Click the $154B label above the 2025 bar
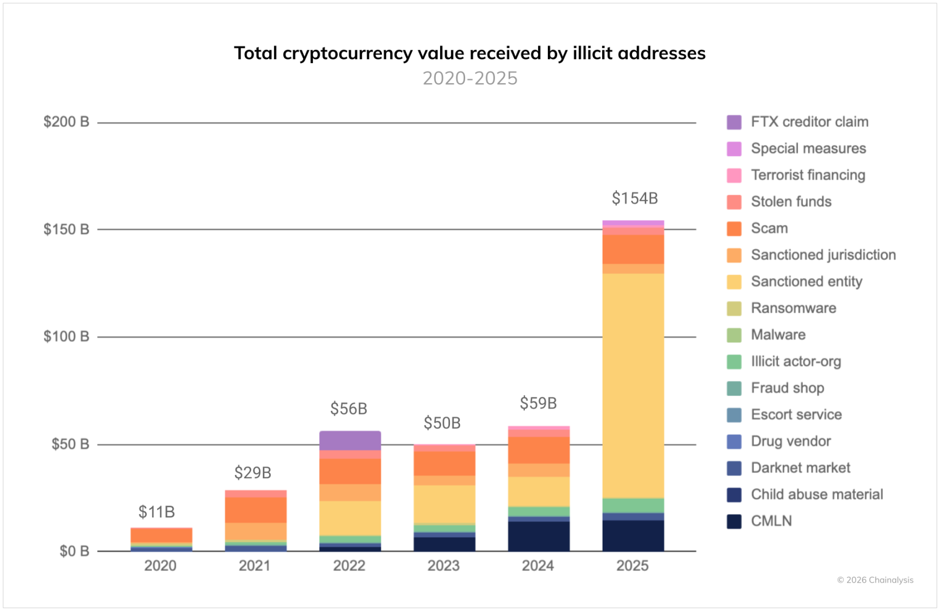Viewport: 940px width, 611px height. point(634,199)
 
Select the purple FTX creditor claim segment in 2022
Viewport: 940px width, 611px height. point(350,441)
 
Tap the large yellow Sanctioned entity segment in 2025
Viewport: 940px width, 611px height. point(633,385)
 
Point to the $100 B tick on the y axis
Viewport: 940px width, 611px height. point(66,336)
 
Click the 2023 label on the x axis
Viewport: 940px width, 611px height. point(443,566)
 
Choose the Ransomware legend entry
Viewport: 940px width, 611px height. point(793,308)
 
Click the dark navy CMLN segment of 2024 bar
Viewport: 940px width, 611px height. point(539,536)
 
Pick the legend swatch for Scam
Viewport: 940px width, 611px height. point(734,229)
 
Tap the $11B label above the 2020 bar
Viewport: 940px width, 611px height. point(157,512)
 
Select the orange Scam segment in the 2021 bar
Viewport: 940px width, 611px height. point(256,510)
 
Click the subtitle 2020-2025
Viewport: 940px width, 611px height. point(470,78)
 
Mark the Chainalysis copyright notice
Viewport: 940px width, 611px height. point(875,580)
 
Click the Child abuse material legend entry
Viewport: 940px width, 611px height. point(817,495)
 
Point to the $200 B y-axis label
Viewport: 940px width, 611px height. point(66,122)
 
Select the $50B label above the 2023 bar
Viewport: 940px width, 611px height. point(442,423)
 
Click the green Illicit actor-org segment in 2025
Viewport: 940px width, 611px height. point(633,505)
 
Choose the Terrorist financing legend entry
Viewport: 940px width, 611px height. point(808,175)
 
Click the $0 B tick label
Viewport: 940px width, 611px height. point(74,551)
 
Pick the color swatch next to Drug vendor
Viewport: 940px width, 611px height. point(734,441)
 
